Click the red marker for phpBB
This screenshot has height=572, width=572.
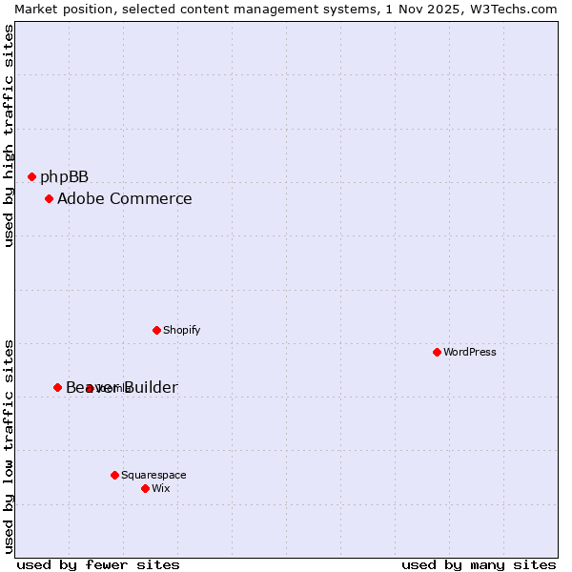[31, 176]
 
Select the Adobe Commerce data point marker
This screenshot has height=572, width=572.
[49, 198]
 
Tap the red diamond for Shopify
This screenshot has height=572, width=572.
[156, 330]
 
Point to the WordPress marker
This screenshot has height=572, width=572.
[437, 352]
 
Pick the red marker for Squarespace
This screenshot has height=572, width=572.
[114, 475]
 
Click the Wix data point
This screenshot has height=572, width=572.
[145, 488]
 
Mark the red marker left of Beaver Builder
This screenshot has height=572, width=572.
[57, 387]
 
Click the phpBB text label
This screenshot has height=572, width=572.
[64, 176]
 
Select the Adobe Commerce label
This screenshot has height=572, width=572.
[124, 198]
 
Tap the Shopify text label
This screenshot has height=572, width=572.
[181, 330]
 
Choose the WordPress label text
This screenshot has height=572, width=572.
[470, 352]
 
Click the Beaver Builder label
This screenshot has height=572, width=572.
[121, 387]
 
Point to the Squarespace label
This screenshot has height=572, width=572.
[153, 475]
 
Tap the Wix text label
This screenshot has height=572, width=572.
[160, 488]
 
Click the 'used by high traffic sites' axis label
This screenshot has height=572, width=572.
[9, 135]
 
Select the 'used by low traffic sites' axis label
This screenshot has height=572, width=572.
[9, 445]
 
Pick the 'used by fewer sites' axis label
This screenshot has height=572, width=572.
[98, 564]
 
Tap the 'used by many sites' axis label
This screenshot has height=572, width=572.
[479, 564]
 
